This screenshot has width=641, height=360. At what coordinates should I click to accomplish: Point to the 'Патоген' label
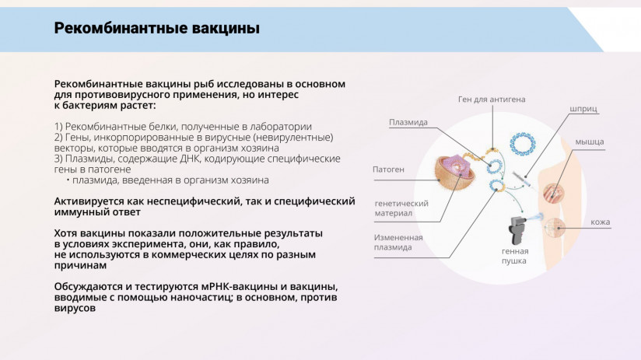point(388,168)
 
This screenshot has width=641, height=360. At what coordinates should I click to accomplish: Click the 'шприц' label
point(583,110)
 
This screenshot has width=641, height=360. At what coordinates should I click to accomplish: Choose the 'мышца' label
point(590,142)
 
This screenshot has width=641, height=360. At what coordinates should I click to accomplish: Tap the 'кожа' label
point(600,222)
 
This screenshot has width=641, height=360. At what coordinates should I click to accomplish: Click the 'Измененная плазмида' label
point(398,242)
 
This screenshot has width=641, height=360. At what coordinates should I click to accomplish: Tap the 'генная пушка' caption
point(515,256)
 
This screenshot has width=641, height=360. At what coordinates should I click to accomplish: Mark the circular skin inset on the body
point(555,227)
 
